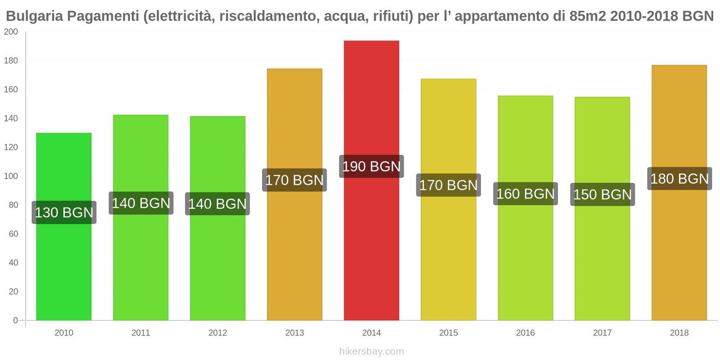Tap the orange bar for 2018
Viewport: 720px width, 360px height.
[x=679, y=252]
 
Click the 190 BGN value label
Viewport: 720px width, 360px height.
[x=371, y=166]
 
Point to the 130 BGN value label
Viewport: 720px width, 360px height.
[x=64, y=212]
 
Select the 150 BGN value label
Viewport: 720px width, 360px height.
[x=602, y=194]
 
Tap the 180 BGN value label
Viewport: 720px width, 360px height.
[x=679, y=179]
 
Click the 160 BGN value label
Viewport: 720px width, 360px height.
[x=525, y=194]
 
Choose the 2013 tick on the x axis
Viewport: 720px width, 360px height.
[x=294, y=333]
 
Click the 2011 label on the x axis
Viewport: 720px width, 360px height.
[x=140, y=333]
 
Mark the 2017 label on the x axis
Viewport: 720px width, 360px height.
[x=602, y=333]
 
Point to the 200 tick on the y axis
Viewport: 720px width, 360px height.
[x=11, y=31]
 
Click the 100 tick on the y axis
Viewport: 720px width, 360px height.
[x=11, y=176]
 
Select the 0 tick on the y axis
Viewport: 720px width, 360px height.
[x=15, y=320]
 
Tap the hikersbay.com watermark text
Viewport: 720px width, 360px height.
[x=371, y=351]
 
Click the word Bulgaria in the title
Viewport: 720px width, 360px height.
[x=35, y=16]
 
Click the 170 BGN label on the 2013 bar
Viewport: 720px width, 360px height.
[x=294, y=180]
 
